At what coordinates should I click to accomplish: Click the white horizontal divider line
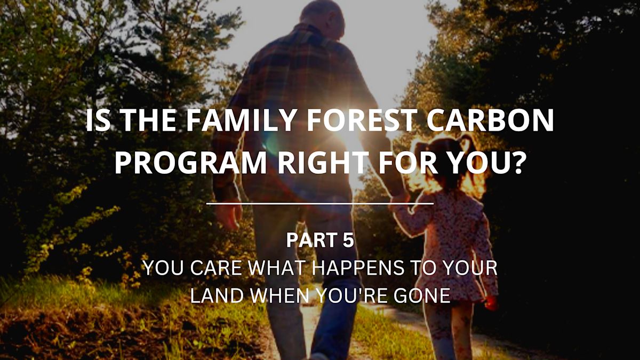tap(320, 203)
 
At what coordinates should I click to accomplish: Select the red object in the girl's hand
tap(491, 303)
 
